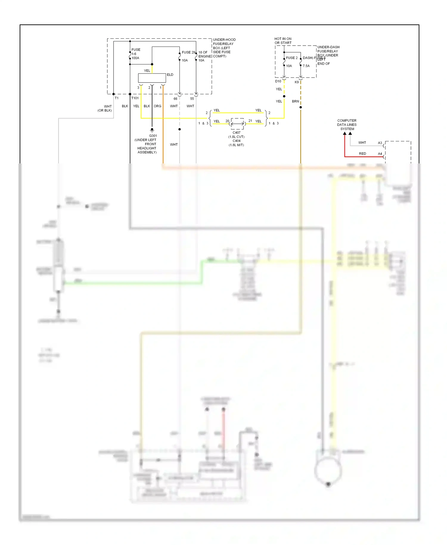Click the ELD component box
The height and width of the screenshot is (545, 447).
152,78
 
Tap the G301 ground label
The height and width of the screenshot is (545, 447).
153,136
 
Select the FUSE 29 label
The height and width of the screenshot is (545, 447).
188,52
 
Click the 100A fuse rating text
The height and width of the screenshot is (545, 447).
135,58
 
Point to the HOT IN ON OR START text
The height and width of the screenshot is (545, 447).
283,41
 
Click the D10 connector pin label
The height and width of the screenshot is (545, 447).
278,81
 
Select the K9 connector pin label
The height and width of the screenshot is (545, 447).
297,82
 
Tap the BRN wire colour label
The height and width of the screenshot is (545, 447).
295,101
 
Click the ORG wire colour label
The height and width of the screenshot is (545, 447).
157,106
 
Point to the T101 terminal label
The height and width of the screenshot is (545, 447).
135,98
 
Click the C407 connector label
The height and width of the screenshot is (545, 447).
236,133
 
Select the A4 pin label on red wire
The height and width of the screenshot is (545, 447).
380,154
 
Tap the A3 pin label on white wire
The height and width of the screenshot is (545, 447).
380,143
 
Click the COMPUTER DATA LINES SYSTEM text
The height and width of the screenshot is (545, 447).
347,125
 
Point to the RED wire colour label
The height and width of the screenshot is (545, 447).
362,154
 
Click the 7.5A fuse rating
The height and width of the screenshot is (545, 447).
306,66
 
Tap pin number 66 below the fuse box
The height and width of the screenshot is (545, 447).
176,99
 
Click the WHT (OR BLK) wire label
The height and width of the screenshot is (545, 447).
105,108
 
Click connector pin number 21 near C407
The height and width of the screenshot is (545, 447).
250,121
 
